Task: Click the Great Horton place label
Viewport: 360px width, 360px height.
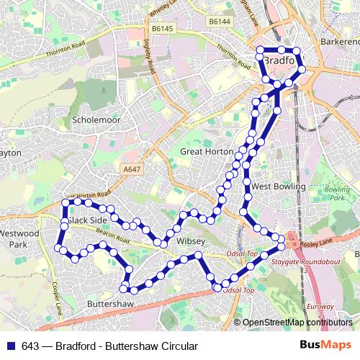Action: (x=206, y=152)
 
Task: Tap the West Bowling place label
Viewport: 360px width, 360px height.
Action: (x=279, y=186)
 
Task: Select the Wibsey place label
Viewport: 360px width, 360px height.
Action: (x=191, y=240)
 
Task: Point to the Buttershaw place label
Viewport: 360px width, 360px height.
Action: (x=109, y=305)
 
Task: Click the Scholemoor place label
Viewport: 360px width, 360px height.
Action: (x=96, y=119)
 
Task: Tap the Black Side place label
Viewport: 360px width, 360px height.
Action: (x=89, y=220)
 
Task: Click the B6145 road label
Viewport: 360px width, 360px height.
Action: (x=164, y=28)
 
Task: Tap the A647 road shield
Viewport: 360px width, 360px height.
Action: (x=130, y=169)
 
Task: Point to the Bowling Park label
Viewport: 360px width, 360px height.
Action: (x=336, y=193)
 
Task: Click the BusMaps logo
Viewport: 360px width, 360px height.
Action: (x=330, y=346)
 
